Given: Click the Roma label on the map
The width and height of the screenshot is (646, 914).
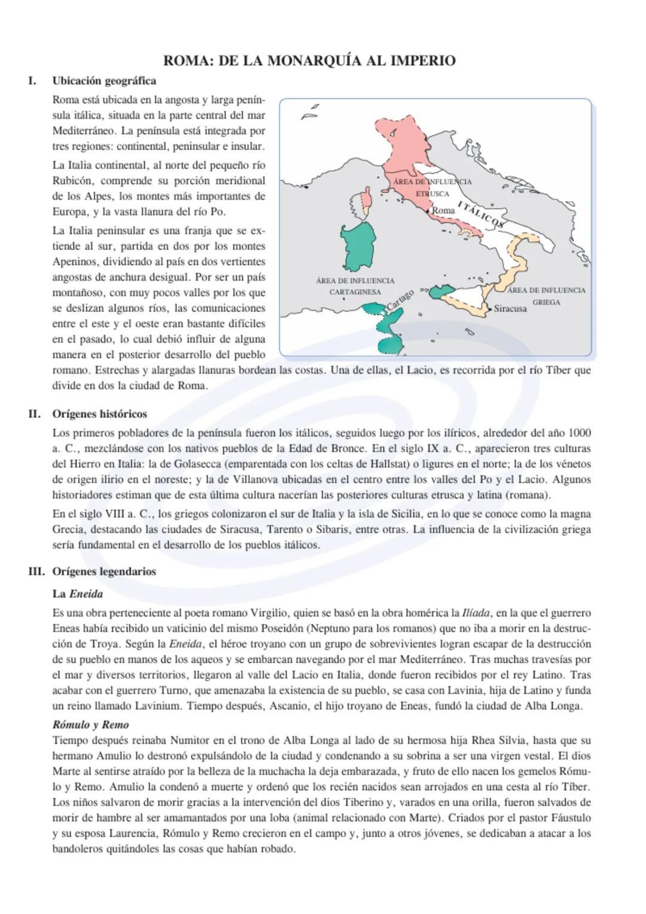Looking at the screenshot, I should [x=443, y=210].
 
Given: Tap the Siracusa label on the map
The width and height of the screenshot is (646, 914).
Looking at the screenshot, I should [x=510, y=309].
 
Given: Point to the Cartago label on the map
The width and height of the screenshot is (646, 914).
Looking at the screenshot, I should [x=400, y=299].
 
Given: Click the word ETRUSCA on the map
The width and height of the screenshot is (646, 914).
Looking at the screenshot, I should [x=432, y=194].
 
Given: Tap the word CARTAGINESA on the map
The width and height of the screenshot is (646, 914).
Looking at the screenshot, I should [x=355, y=292].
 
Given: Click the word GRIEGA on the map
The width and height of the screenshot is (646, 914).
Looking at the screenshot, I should [x=547, y=302].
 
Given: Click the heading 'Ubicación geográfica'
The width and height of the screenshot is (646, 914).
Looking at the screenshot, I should [x=104, y=81].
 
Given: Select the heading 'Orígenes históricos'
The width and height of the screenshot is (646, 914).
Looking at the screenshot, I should [x=99, y=414].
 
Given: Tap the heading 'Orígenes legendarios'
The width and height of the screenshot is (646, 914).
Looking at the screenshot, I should [x=104, y=571].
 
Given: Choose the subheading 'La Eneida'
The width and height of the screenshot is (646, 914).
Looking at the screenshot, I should [x=78, y=594].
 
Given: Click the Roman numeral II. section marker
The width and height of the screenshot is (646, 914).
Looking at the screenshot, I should [x=34, y=414].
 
